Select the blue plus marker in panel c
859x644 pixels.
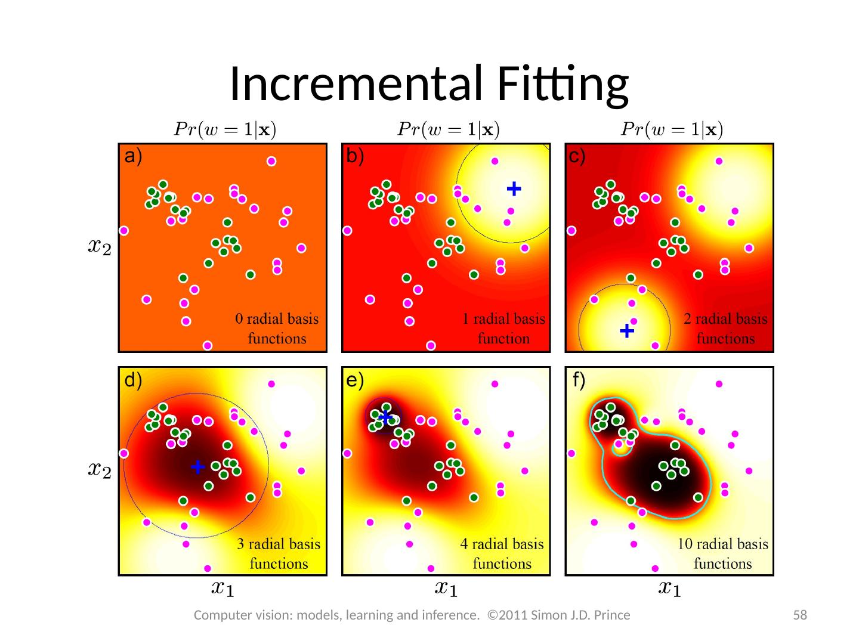pyautogui.click(x=626, y=330)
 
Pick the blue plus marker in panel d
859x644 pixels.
pyautogui.click(x=197, y=467)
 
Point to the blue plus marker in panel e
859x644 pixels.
pyautogui.click(x=385, y=416)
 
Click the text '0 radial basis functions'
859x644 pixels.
pyautogui.click(x=277, y=329)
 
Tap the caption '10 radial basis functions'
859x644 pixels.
pyautogui.click(x=723, y=553)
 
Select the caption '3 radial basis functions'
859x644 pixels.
pyautogui.click(x=279, y=553)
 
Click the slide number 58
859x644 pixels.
pyautogui.click(x=799, y=615)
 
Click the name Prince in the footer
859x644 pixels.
pyautogui.click(x=611, y=615)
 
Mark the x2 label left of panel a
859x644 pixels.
pyautogui.click(x=99, y=246)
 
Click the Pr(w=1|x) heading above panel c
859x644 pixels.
pyautogui.click(x=672, y=129)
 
